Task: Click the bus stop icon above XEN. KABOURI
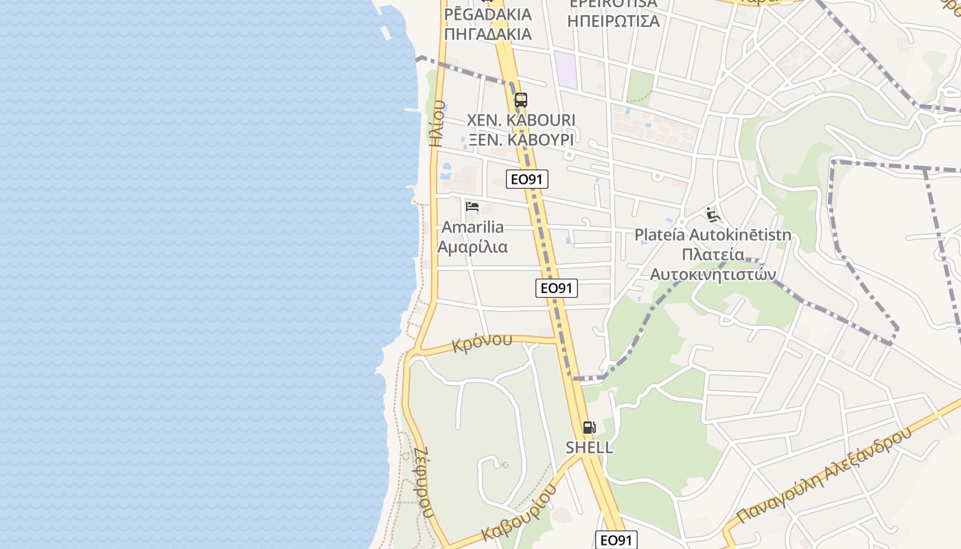coord(520,100)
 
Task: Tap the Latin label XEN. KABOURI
coord(521,120)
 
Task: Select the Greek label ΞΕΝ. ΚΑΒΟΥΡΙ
coord(521,139)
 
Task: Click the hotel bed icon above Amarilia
coord(472,206)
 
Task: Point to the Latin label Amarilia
coord(472,227)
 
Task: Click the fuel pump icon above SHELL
coord(589,428)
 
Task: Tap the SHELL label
coord(589,447)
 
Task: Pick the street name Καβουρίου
coord(518,514)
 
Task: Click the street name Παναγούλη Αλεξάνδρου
coord(824,475)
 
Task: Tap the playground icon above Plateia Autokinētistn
coord(713,215)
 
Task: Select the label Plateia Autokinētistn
coord(713,235)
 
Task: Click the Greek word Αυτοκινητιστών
coord(713,274)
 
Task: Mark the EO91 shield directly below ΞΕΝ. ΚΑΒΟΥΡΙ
coord(527,180)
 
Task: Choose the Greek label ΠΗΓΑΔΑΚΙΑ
coord(487,34)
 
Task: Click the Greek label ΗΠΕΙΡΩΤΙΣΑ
coord(614,21)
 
